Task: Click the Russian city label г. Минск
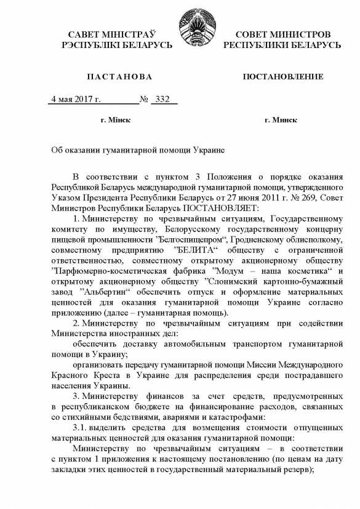point(280,119)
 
